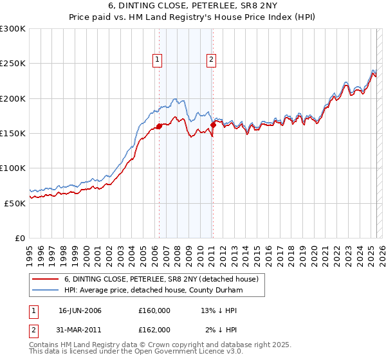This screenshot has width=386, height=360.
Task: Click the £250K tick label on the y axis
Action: (12, 64)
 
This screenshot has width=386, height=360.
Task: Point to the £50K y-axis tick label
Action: (14, 203)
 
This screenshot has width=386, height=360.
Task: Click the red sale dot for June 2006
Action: (159, 127)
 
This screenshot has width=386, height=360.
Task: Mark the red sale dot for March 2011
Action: (214, 125)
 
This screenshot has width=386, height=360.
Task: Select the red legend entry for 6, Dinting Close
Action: (161, 279)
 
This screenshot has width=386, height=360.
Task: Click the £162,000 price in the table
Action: (154, 329)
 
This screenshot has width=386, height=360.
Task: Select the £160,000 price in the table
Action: (154, 310)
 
